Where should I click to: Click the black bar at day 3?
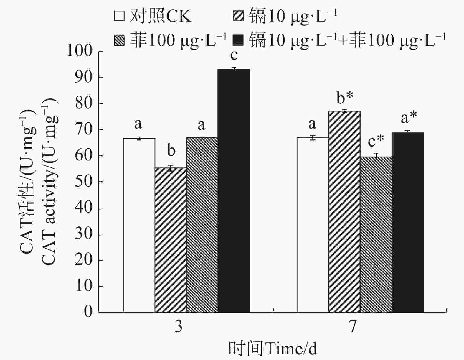point(234,190)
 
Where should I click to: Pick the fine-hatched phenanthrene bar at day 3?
point(202,224)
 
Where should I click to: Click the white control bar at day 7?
point(313,224)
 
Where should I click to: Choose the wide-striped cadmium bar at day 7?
point(344,211)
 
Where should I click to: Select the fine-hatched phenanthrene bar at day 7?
point(376,234)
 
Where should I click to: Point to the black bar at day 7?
point(408,222)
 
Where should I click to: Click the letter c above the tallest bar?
point(234,55)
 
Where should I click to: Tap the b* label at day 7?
point(345,98)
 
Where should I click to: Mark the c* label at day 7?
point(376,142)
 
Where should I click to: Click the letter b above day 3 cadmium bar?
point(171,150)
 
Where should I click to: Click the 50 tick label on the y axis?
point(84,181)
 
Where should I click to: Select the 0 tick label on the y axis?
point(88,312)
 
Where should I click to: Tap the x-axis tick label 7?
point(353,327)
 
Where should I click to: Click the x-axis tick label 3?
point(178,327)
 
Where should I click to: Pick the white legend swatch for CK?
point(119,16)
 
